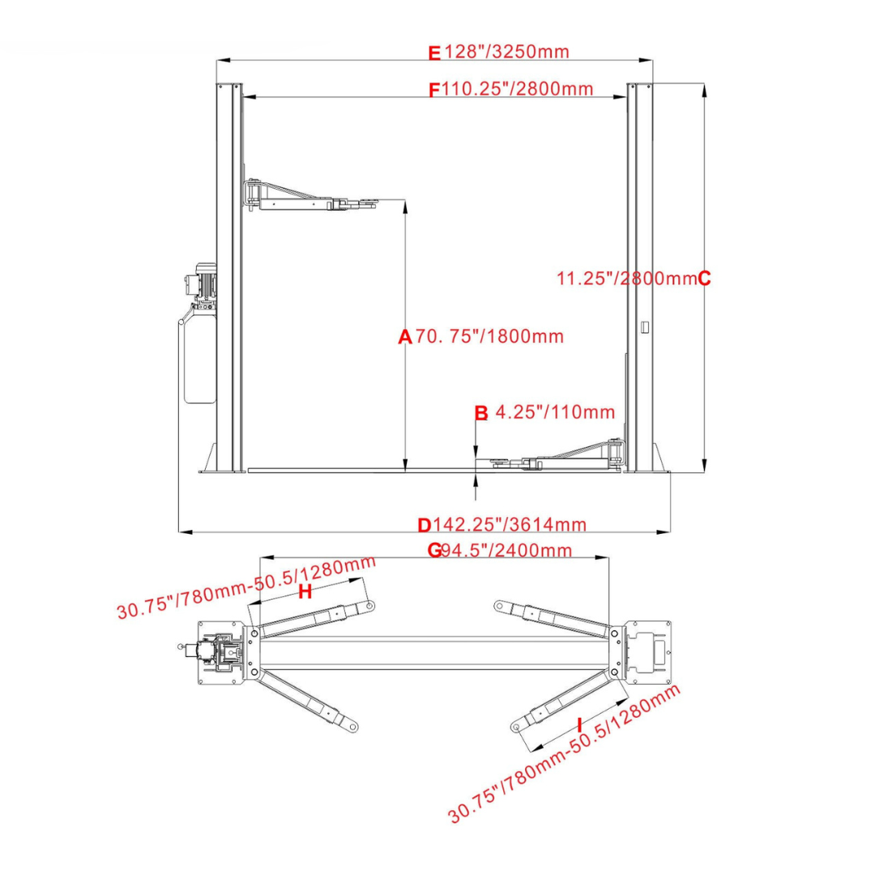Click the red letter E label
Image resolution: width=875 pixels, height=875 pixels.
pyautogui.click(x=434, y=53)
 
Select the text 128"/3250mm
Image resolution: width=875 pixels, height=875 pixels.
pyautogui.click(x=506, y=51)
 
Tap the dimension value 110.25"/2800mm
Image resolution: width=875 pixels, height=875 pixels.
pyautogui.click(x=517, y=89)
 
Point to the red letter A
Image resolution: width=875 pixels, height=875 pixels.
pyautogui.click(x=404, y=337)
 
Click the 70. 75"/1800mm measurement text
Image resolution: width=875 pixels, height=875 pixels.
pyautogui.click(x=489, y=336)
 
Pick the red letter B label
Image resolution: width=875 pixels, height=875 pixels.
pyautogui.click(x=480, y=413)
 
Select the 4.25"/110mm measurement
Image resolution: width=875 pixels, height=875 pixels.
pyautogui.click(x=555, y=412)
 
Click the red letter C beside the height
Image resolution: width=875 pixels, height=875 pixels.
pyautogui.click(x=704, y=278)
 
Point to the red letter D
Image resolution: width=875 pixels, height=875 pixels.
pyautogui.click(x=425, y=525)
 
